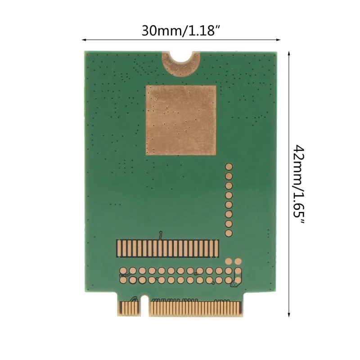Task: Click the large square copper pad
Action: point(181,120)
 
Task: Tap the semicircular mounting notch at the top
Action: point(182,56)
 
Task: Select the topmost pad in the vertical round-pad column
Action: point(229,166)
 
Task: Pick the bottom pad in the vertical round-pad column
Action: point(229,233)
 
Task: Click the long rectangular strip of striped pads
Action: point(168,248)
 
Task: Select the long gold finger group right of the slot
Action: point(194,308)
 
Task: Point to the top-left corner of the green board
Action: point(86,52)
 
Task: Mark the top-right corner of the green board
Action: point(276,52)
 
